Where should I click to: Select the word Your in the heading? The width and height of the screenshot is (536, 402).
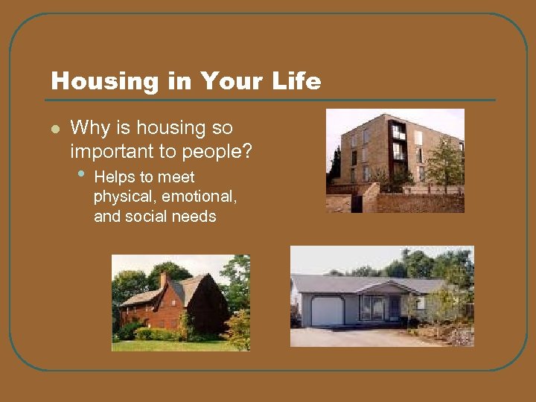click(x=223, y=80)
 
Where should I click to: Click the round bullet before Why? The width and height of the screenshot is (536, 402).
click(x=54, y=129)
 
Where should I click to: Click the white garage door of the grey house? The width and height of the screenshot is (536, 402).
click(x=327, y=310)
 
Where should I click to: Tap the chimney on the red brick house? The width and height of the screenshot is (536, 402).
click(x=164, y=279)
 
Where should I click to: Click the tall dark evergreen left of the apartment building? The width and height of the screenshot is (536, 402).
click(x=336, y=167)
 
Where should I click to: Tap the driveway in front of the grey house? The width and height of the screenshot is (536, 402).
click(x=350, y=336)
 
